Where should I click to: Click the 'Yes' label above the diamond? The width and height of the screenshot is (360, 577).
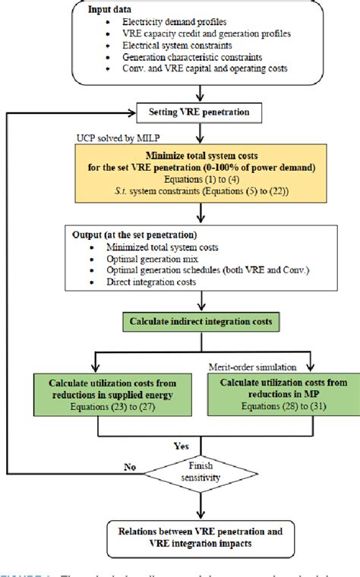(x=182, y=446)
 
